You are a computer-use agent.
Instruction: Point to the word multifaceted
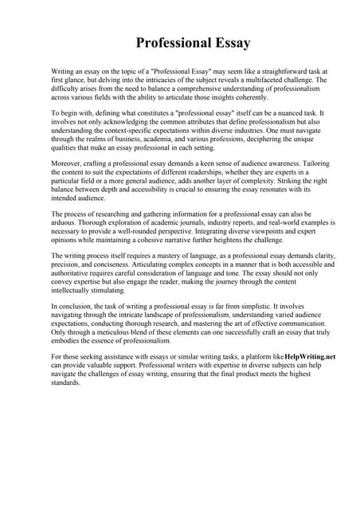[260, 80]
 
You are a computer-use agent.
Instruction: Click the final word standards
[66, 383]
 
